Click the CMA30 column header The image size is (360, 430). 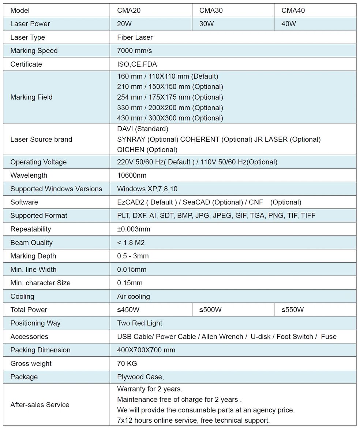(x=211, y=11)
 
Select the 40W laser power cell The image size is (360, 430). (x=289, y=24)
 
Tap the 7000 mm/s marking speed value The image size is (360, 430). (x=134, y=51)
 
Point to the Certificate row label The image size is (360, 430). (x=26, y=64)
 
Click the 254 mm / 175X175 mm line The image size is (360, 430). (x=170, y=97)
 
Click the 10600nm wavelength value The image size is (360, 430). (x=131, y=175)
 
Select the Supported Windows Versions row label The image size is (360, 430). (x=56, y=189)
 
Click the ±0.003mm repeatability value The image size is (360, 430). (x=134, y=229)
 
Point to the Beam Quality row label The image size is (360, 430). (x=31, y=243)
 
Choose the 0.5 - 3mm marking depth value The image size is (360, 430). (x=133, y=256)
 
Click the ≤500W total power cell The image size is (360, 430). (x=210, y=310)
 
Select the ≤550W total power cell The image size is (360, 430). (x=292, y=310)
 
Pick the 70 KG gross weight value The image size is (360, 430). (x=127, y=364)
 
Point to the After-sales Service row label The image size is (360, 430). (x=40, y=405)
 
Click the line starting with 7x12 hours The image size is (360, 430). (x=193, y=420)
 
